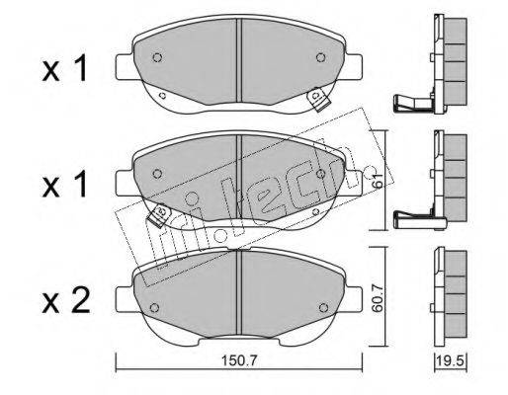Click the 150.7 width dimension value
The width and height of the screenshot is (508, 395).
238,361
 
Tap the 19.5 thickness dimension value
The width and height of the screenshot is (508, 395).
451,361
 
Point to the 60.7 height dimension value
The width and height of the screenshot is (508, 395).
377,298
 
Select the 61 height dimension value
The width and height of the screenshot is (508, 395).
379,180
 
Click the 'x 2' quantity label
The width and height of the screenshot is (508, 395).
66,300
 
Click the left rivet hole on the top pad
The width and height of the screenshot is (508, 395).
157,57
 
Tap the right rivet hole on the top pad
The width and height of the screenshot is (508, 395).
320,57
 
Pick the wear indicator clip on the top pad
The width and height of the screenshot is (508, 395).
318,99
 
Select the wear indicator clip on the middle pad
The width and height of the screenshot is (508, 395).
159,214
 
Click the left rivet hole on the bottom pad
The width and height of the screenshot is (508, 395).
154,307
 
